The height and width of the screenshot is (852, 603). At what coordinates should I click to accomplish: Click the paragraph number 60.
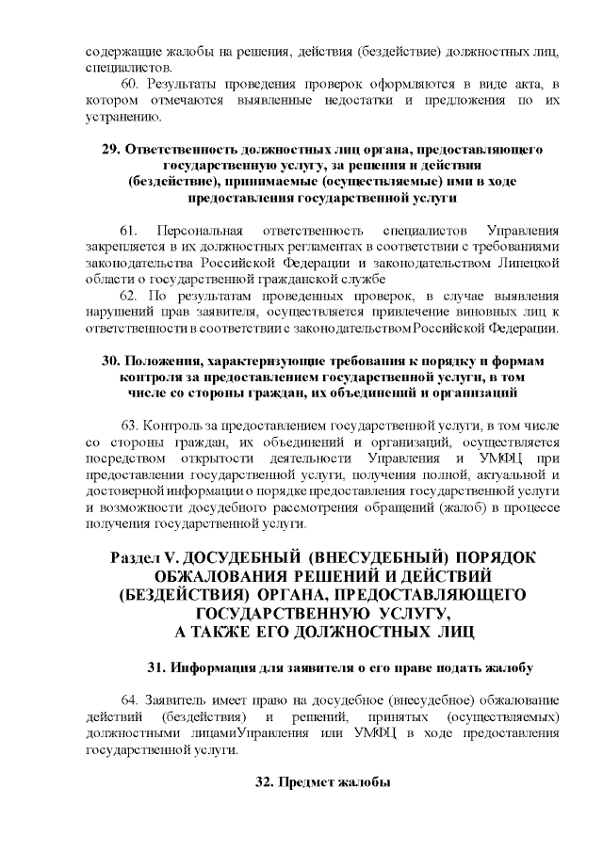point(130,86)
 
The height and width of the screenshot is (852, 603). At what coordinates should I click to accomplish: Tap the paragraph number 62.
point(130,295)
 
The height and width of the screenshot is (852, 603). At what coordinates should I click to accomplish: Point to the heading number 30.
point(110,362)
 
